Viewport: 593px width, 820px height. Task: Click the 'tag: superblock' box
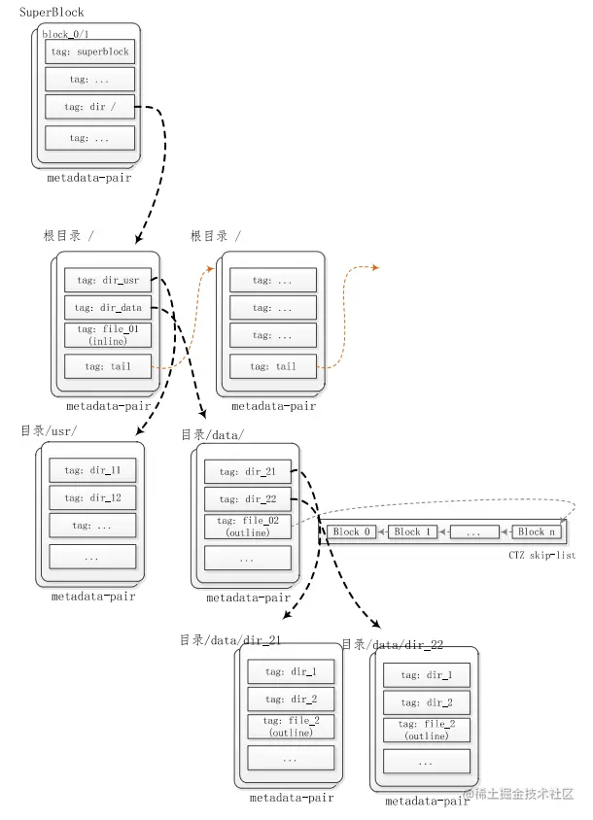click(x=89, y=51)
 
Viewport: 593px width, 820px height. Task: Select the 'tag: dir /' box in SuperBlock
click(x=89, y=107)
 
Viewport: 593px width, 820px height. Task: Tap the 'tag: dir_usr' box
click(x=108, y=280)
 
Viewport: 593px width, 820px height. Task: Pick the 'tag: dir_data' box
click(x=108, y=308)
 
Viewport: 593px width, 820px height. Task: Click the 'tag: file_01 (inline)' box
click(x=108, y=336)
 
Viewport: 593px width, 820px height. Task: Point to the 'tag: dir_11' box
click(x=92, y=470)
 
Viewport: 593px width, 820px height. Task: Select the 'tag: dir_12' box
click(x=92, y=498)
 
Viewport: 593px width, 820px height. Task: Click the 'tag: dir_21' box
click(x=247, y=472)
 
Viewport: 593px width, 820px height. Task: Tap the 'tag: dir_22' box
click(x=247, y=500)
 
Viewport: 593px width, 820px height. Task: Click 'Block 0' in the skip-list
click(x=352, y=532)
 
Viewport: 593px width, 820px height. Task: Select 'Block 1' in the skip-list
click(x=413, y=532)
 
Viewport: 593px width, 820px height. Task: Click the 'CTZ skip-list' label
click(x=541, y=556)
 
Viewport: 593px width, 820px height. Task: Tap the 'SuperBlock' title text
click(x=52, y=13)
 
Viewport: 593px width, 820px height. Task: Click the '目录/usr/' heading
click(x=49, y=430)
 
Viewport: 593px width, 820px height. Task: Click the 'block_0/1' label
click(x=64, y=34)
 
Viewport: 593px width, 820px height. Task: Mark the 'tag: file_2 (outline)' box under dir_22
click(x=426, y=731)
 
